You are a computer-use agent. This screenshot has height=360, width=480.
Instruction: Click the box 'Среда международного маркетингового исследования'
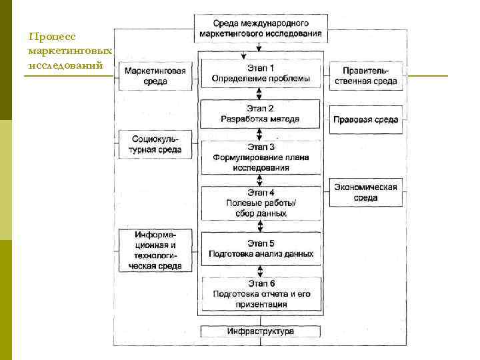[260, 27]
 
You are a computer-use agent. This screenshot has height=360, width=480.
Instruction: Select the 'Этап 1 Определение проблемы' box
[260, 73]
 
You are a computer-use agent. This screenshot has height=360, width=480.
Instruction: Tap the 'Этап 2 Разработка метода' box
[260, 114]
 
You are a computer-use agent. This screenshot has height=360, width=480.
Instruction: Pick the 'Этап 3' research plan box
[260, 157]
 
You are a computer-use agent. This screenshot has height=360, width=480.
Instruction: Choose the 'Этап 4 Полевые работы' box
[260, 203]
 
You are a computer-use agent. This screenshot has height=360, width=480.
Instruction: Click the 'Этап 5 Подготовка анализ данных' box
[260, 248]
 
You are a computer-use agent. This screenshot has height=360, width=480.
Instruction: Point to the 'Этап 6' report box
[260, 293]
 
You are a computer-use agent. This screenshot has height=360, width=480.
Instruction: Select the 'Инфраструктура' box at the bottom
[260, 331]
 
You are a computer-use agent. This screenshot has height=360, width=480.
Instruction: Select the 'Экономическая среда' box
[365, 193]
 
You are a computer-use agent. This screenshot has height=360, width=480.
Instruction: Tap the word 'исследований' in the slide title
[65, 65]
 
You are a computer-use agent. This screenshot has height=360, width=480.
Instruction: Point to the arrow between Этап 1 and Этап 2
[260, 95]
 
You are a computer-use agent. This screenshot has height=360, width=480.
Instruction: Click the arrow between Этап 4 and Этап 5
[260, 225]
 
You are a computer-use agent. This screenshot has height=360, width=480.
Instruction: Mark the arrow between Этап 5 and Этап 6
[260, 270]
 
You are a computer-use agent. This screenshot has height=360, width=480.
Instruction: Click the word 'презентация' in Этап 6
[261, 304]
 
